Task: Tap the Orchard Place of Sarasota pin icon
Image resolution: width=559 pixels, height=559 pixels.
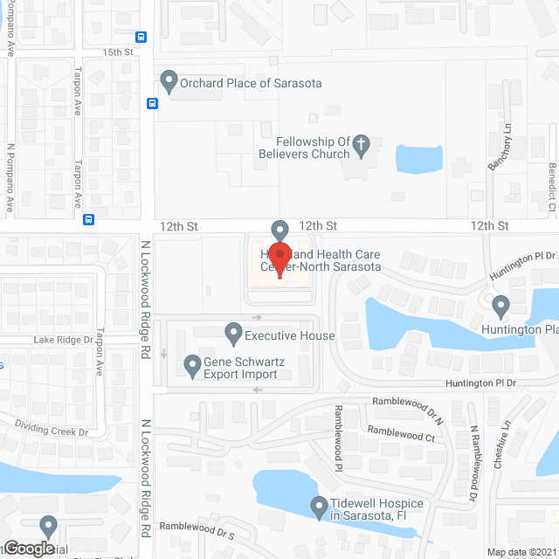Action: (x=169, y=83)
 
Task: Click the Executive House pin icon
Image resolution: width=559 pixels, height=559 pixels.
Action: (x=233, y=333)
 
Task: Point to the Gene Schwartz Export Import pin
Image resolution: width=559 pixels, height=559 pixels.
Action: (x=192, y=365)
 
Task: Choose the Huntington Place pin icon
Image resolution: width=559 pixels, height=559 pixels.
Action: (x=500, y=307)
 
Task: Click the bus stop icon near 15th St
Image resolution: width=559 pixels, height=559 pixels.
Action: (x=141, y=37)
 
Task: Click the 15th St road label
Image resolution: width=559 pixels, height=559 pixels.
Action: (x=116, y=52)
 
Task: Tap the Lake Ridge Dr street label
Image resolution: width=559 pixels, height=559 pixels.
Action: (x=63, y=340)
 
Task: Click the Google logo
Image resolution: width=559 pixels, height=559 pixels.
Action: (x=28, y=549)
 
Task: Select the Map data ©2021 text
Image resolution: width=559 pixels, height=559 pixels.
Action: (x=521, y=552)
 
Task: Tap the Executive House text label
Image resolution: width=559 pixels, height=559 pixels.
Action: (x=289, y=336)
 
